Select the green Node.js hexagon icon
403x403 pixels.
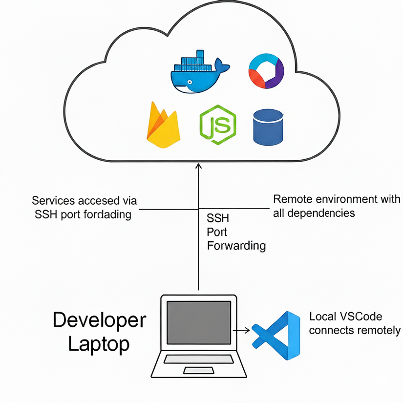click(218, 125)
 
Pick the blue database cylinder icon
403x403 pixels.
click(268, 127)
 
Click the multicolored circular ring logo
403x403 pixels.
click(266, 72)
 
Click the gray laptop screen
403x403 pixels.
click(198, 322)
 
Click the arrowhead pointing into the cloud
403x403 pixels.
click(198, 167)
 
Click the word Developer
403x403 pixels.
click(99, 320)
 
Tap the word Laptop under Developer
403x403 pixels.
click(99, 344)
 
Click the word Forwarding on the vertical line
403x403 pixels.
click(236, 245)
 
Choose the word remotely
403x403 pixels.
click(378, 330)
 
